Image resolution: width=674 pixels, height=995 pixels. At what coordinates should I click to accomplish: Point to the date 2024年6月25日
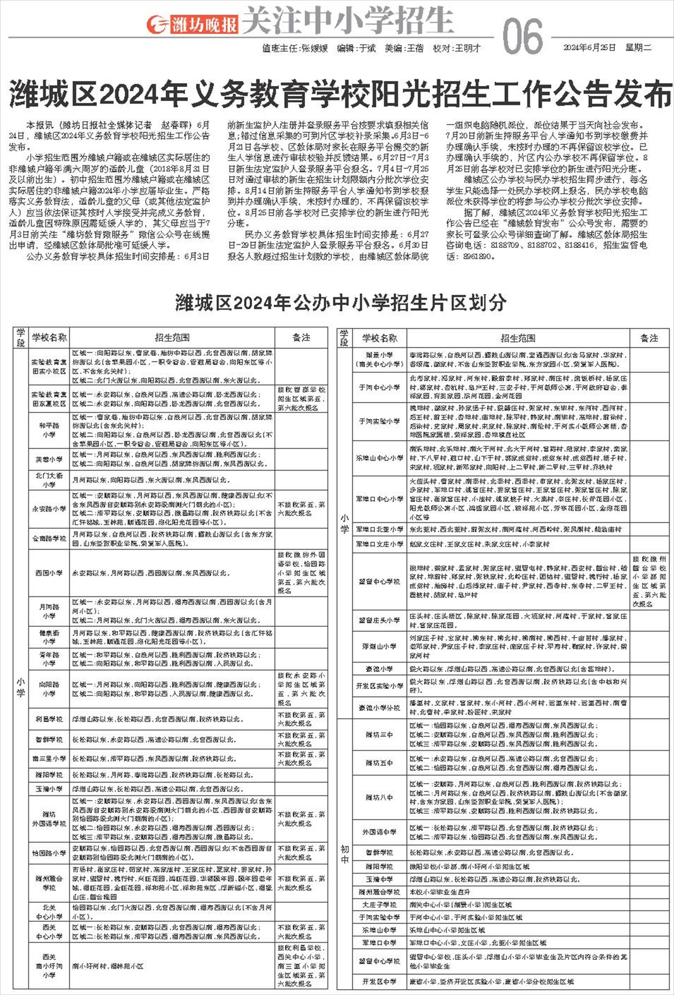[589, 48]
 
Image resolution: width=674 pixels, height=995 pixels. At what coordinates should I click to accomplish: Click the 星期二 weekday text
[639, 48]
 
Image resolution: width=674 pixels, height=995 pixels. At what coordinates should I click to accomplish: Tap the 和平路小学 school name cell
[49, 430]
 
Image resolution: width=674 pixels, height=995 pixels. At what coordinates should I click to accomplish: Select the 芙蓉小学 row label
[49, 459]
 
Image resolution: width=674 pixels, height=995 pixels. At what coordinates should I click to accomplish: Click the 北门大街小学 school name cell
[49, 480]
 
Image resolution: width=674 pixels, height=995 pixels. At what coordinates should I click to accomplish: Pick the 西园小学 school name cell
[49, 573]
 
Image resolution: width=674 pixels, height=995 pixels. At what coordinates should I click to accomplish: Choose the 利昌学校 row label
[49, 719]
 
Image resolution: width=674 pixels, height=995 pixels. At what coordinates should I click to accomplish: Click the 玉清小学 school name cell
[49, 789]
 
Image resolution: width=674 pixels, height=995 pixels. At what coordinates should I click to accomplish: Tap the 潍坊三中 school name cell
[379, 734]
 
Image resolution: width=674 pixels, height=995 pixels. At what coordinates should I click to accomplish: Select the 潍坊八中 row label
[379, 797]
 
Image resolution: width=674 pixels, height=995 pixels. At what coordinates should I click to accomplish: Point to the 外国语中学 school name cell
[379, 832]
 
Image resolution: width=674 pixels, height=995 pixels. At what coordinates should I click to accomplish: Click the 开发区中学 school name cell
[379, 982]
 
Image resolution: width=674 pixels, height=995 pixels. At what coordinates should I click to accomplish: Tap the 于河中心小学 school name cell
[379, 387]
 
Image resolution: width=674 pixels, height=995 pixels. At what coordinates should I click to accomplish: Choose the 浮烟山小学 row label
[379, 646]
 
